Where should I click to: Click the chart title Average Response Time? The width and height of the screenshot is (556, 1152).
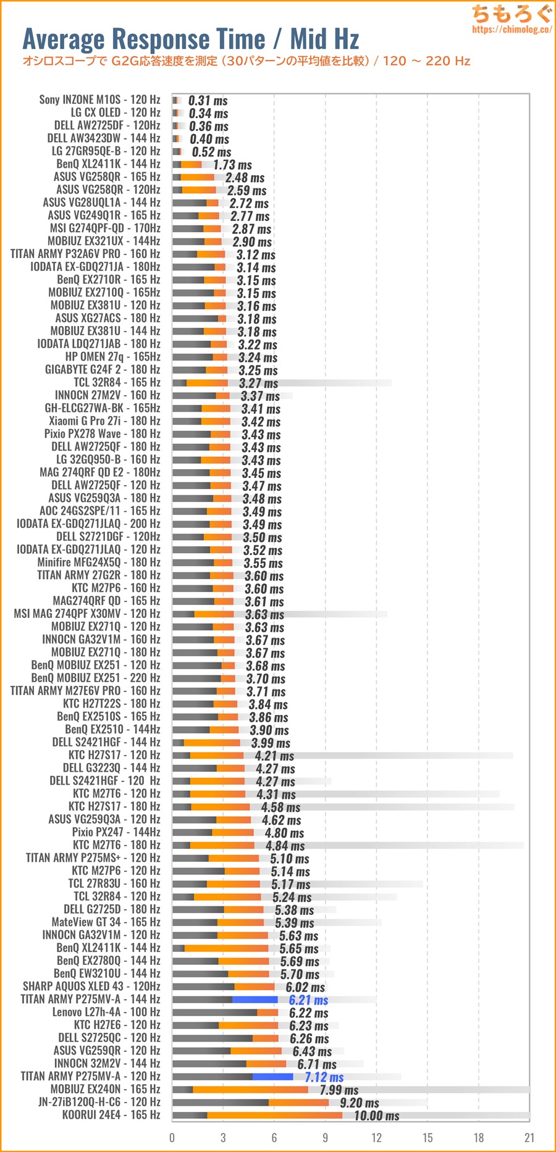(144, 40)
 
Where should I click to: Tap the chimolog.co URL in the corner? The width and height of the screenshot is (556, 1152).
(512, 30)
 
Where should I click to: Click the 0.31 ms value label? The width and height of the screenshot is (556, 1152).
(208, 101)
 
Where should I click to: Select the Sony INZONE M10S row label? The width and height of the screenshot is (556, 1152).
(99, 100)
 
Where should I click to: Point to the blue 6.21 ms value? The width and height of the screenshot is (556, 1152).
(308, 1000)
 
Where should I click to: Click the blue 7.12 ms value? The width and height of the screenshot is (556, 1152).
(324, 1077)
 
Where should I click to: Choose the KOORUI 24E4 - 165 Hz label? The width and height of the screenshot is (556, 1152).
(111, 1115)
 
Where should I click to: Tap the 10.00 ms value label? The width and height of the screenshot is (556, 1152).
(376, 1116)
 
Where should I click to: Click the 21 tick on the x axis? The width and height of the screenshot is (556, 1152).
(529, 1138)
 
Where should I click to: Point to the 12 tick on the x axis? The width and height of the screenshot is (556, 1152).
(376, 1138)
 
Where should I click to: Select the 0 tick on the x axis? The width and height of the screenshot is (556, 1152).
(172, 1138)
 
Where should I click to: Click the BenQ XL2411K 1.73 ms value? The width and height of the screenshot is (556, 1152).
(232, 165)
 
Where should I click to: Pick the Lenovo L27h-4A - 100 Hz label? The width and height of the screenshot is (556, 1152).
(106, 1012)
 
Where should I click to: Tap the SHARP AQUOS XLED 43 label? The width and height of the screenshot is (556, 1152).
(91, 987)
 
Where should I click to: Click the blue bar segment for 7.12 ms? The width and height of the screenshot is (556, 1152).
(272, 1077)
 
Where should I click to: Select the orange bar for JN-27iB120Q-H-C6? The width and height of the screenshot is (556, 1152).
(298, 1103)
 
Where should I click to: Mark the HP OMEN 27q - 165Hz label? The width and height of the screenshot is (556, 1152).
(112, 357)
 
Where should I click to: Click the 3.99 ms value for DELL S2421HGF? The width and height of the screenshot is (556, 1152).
(271, 743)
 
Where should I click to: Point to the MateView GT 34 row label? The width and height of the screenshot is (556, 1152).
(106, 922)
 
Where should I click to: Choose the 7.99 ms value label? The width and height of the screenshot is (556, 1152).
(339, 1090)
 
